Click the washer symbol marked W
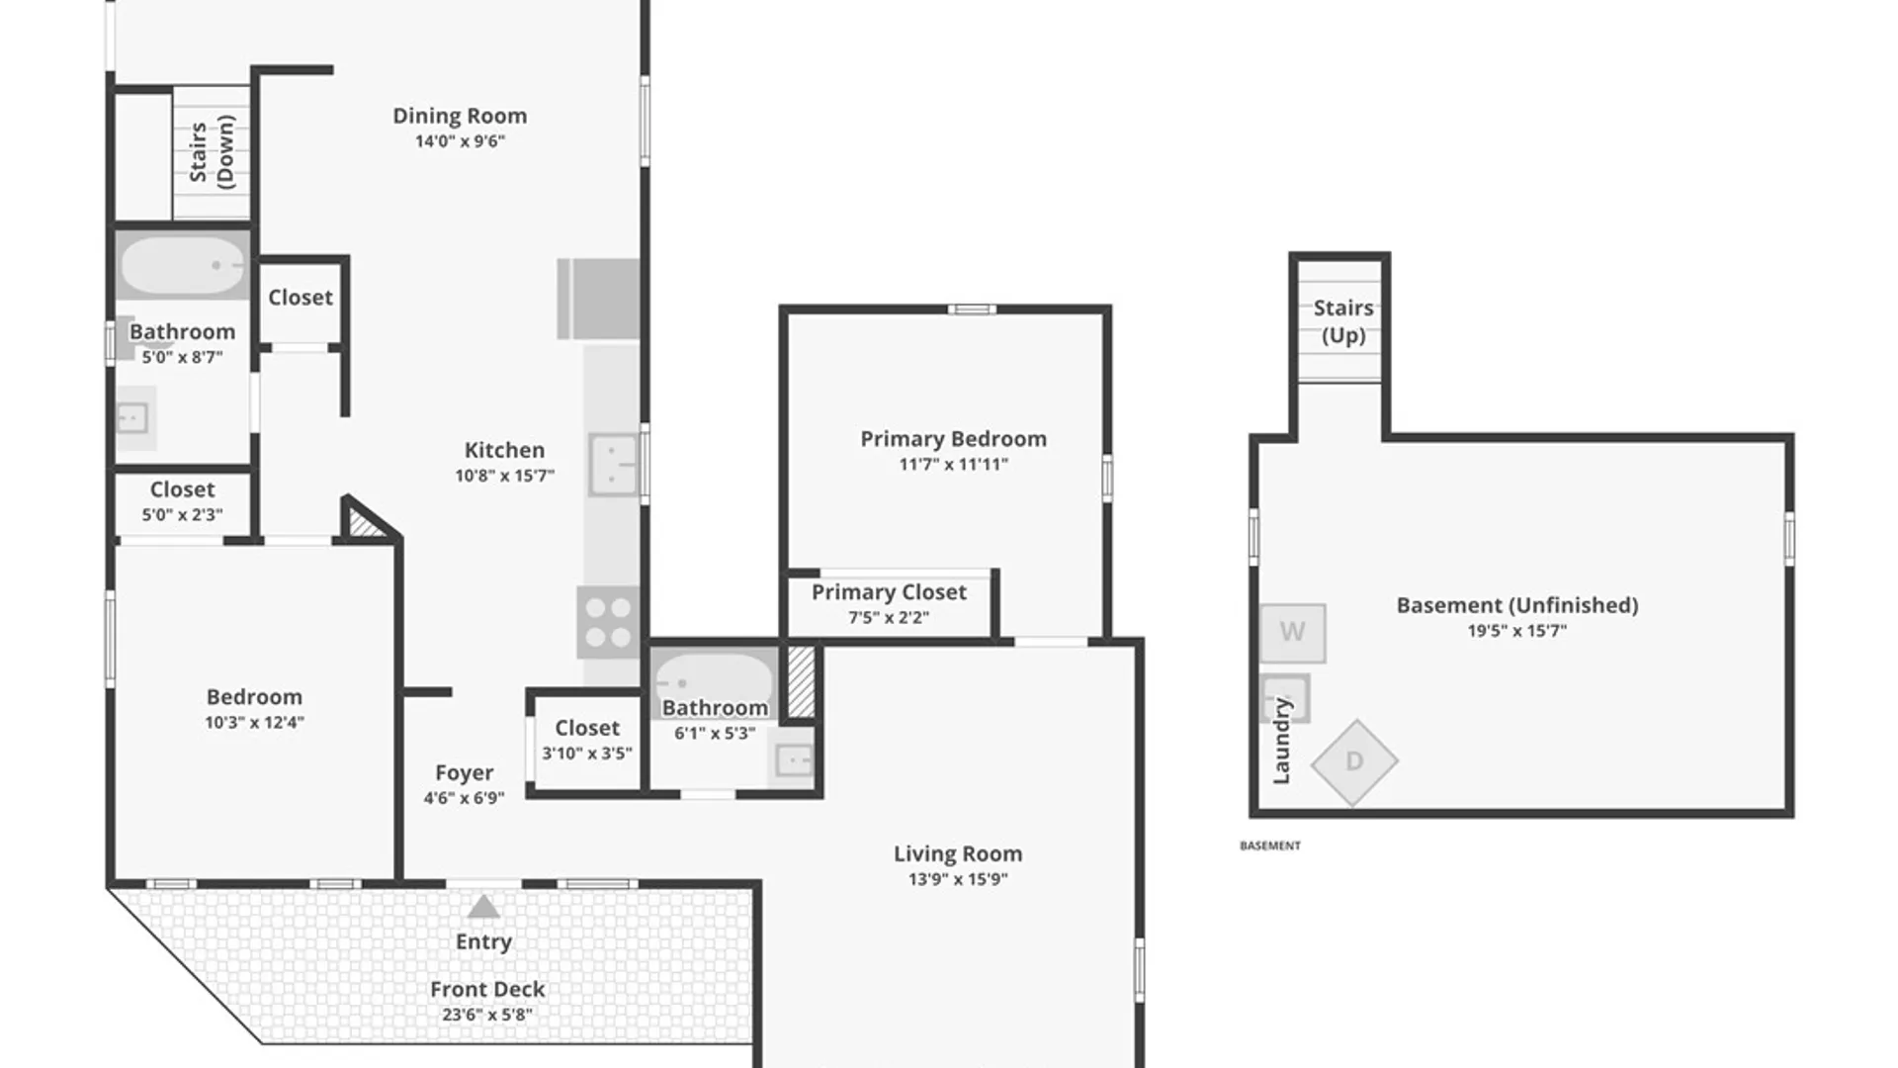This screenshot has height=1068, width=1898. tap(1292, 632)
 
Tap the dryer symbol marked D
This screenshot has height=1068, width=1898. tap(1354, 761)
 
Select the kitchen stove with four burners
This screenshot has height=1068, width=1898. tap(608, 622)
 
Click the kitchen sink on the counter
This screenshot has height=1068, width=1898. tap(613, 464)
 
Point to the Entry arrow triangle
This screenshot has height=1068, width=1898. tap(483, 906)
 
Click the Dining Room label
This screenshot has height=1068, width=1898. tap(460, 116)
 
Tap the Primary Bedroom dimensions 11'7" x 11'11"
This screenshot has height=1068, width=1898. tap(953, 464)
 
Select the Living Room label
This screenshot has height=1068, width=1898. tap(958, 853)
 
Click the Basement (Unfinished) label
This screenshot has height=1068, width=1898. tap(1516, 605)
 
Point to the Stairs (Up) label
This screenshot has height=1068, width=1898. tap(1343, 321)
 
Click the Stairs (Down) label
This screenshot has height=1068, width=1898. tap(212, 152)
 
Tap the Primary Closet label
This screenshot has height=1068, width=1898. tap(889, 592)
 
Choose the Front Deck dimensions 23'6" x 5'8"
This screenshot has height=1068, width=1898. tap(487, 1015)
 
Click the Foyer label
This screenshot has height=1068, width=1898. tap(464, 772)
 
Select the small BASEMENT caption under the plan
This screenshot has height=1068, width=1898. tap(1270, 845)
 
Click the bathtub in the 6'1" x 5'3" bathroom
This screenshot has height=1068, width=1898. tap(714, 676)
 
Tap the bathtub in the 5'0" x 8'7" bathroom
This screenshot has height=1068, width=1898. tap(182, 265)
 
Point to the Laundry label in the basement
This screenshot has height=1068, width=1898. tap(1281, 741)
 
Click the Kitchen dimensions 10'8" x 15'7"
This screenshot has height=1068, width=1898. tap(504, 476)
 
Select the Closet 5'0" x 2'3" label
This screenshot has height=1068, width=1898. tap(182, 489)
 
